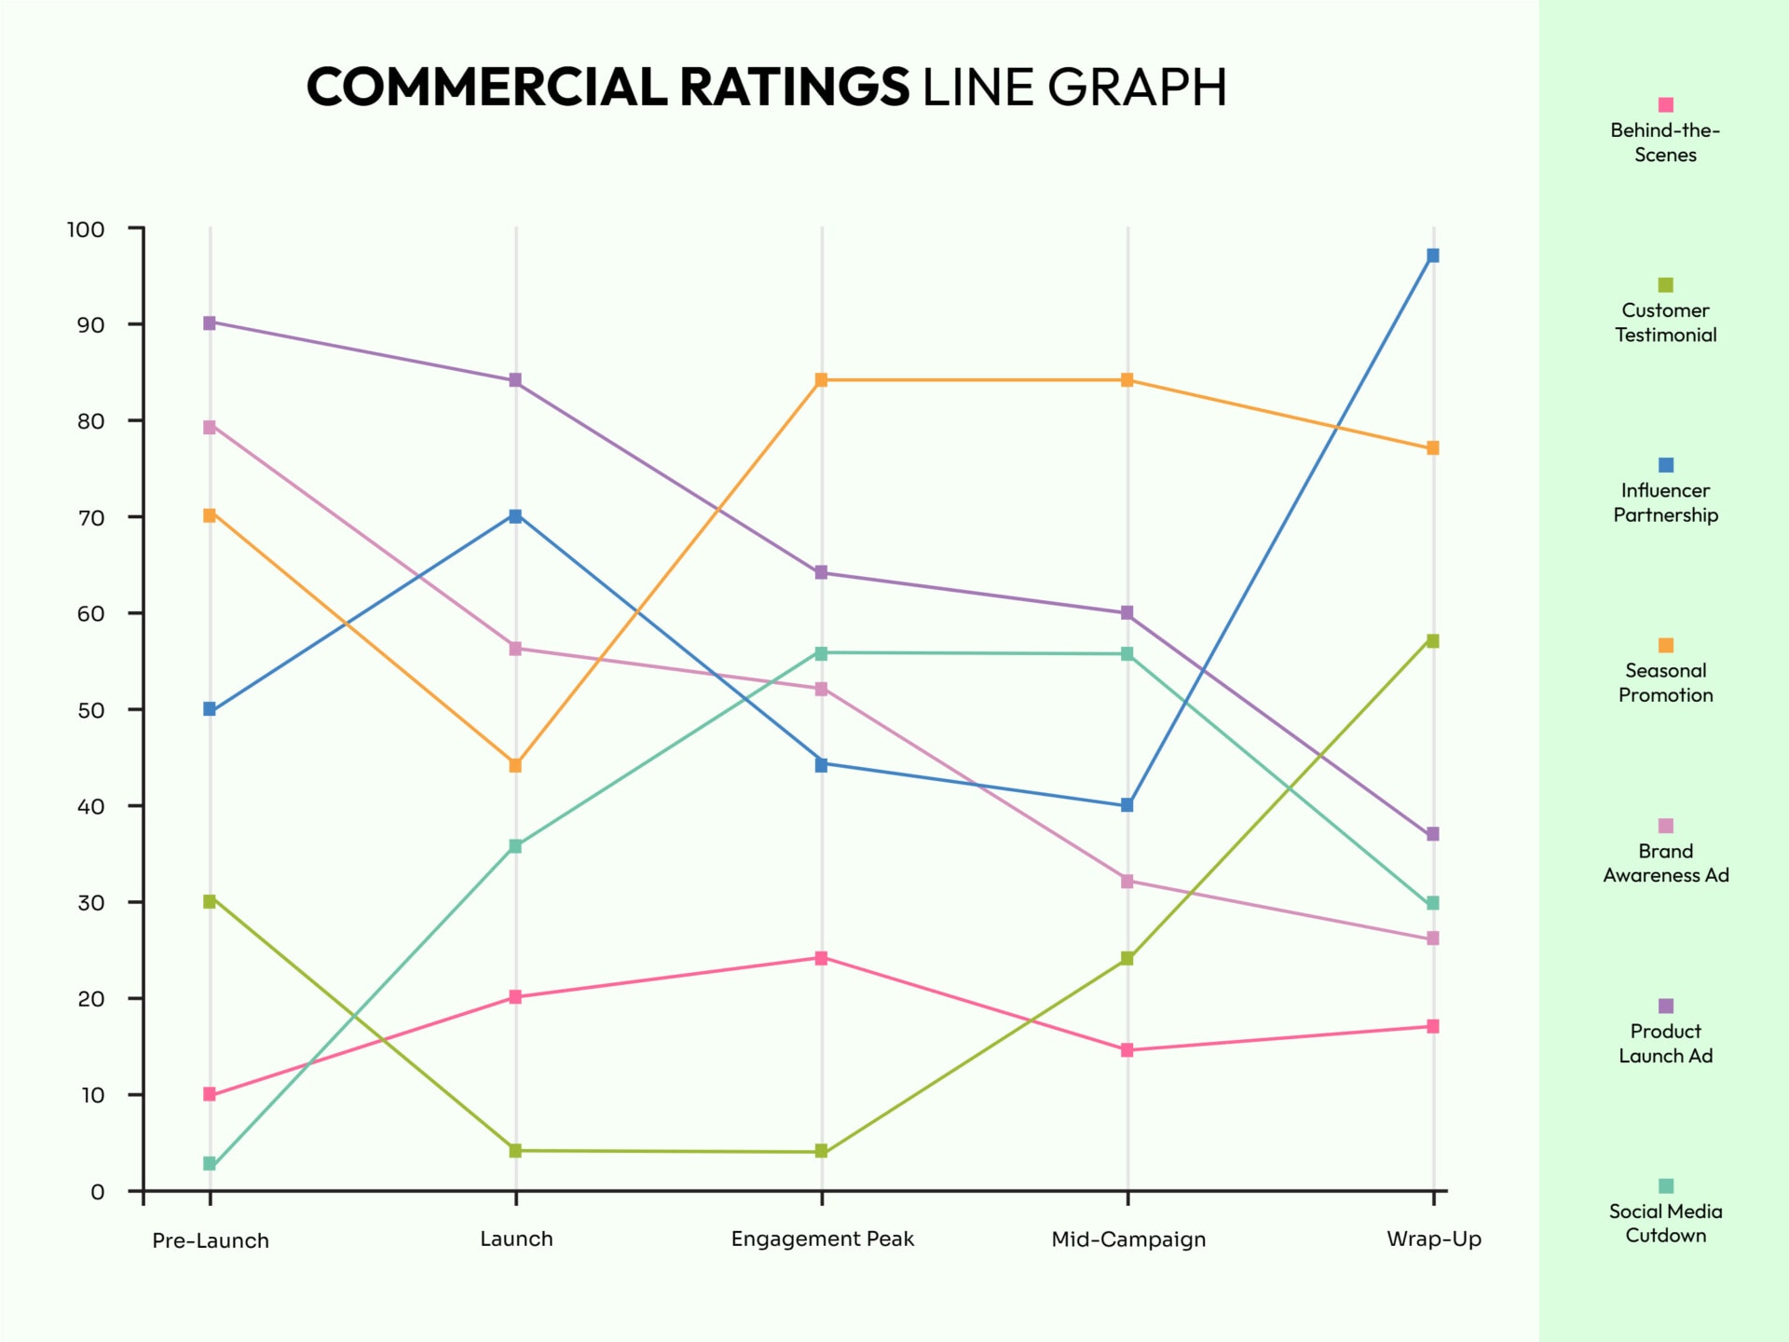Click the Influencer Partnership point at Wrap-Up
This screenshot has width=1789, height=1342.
tap(1433, 255)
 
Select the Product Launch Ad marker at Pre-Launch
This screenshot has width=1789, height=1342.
tap(210, 323)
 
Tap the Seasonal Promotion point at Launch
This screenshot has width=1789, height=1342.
tap(515, 766)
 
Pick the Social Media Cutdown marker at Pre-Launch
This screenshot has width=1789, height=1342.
tap(210, 1164)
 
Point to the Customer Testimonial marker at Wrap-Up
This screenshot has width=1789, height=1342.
tap(1433, 641)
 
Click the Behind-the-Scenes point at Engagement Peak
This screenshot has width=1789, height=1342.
tap(821, 958)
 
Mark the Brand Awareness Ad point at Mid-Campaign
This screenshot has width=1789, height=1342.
tap(1127, 882)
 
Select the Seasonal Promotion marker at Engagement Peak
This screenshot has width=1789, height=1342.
tap(821, 380)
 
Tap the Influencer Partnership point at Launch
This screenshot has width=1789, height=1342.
tap(515, 516)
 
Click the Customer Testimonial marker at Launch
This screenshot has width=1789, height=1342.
tap(515, 1151)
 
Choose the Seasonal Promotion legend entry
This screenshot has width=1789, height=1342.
tap(1665, 682)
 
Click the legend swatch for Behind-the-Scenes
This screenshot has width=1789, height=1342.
tap(1666, 105)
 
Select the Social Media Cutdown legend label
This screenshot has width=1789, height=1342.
tap(1665, 1223)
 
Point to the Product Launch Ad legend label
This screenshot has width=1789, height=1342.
tap(1665, 1043)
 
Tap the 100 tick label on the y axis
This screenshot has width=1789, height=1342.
tap(86, 229)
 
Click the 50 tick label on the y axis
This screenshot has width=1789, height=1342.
tap(91, 710)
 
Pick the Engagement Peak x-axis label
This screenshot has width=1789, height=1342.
tap(822, 1239)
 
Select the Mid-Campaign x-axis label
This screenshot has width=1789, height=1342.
tap(1128, 1239)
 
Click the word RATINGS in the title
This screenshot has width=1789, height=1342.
tap(794, 87)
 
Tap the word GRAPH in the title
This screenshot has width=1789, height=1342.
tap(1137, 87)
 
